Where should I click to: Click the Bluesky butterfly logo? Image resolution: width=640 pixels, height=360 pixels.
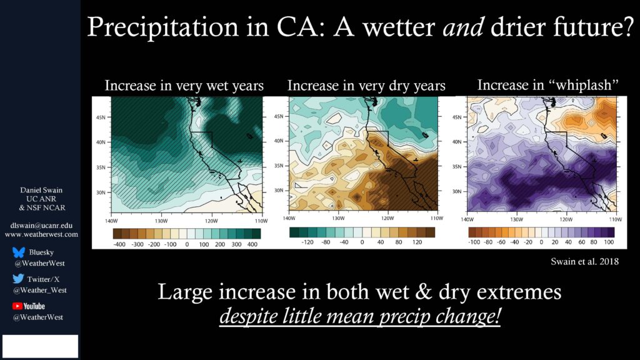[x=19, y=252]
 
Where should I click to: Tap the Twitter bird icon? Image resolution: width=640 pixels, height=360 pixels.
[x=18, y=279]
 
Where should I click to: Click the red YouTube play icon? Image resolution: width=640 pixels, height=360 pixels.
[x=17, y=306]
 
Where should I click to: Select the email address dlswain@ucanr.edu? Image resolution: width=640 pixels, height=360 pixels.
[x=41, y=225]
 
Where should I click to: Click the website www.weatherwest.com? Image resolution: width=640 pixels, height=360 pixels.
[x=41, y=234]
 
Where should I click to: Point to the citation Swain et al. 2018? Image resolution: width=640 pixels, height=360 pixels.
[x=584, y=262]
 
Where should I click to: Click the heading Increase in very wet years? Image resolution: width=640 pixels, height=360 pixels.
[x=184, y=86]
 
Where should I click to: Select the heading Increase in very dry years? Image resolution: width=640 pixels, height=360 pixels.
[x=366, y=86]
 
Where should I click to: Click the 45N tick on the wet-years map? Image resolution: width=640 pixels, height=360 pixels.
[x=101, y=117]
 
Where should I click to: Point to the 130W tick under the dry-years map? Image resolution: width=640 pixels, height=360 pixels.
[x=338, y=218]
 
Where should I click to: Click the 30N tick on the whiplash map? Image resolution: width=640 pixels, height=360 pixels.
[x=457, y=191]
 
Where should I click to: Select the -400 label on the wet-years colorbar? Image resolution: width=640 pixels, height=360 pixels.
[x=119, y=244]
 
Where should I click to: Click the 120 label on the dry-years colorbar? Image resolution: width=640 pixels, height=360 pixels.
[x=417, y=242]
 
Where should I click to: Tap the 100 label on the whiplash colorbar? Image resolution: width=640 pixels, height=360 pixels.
[x=609, y=242]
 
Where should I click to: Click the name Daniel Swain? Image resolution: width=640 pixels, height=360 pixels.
[x=41, y=190]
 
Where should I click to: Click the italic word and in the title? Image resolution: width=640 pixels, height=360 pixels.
[x=463, y=27]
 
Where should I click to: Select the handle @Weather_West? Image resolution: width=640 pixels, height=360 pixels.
[x=40, y=290]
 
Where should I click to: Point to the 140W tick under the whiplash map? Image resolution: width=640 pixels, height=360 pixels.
[x=467, y=219]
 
